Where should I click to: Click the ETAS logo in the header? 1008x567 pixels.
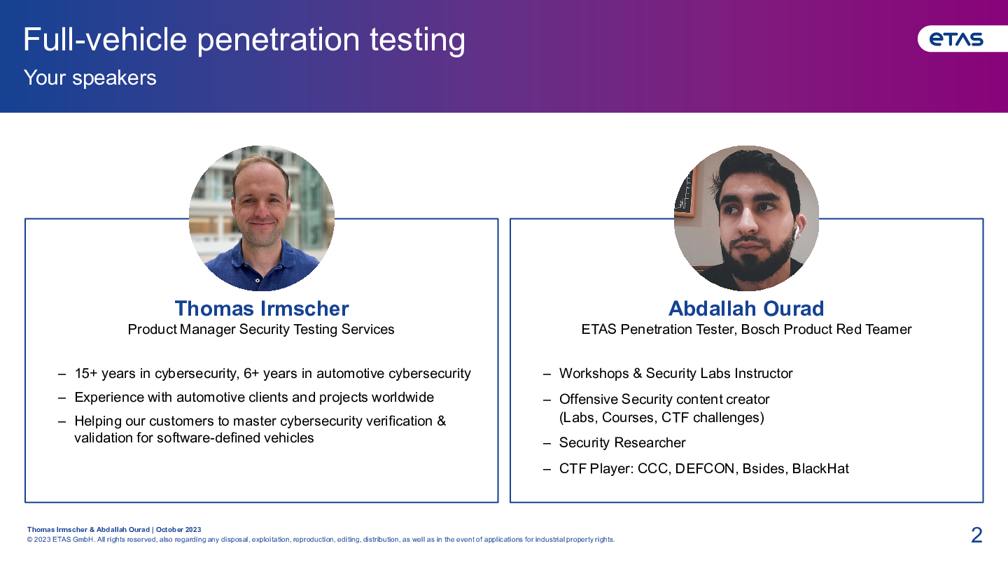pos(956,39)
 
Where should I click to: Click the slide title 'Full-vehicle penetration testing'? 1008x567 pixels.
pos(244,40)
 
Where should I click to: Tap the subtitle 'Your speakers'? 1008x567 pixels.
pos(90,78)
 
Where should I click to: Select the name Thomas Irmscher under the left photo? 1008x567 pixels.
pos(262,309)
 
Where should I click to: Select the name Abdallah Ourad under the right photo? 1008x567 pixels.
pos(746,309)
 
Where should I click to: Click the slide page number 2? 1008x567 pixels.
pos(976,535)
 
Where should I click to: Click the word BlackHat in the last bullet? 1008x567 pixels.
pos(820,468)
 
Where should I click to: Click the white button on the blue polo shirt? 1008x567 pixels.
pos(258,281)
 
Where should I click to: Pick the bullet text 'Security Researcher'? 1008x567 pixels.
pos(622,443)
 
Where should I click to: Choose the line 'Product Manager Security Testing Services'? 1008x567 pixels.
pos(261,330)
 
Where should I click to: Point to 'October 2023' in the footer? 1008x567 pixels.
pos(178,530)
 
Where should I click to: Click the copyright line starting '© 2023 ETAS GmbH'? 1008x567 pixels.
pos(321,540)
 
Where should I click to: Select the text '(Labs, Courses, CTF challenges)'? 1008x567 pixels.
pos(661,418)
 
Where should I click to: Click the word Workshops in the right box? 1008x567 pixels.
pos(594,374)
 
